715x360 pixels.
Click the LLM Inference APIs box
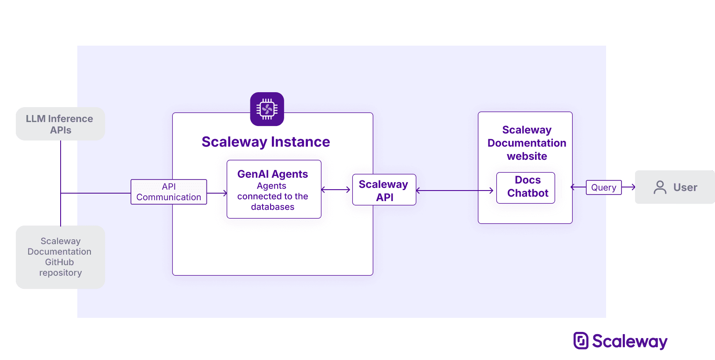[60, 124]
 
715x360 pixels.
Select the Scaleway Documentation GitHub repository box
[60, 257]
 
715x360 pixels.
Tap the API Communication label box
[169, 192]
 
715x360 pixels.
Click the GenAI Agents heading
[272, 174]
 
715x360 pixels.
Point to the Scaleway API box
[384, 190]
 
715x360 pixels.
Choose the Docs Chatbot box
[526, 187]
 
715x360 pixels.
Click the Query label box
[603, 187]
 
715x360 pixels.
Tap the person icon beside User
[660, 187]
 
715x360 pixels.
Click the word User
[685, 187]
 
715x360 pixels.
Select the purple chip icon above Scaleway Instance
[267, 109]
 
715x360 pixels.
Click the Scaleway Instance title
[266, 142]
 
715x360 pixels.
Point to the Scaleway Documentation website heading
[527, 143]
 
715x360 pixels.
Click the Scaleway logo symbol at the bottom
[581, 341]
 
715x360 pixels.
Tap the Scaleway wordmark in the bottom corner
[629, 342]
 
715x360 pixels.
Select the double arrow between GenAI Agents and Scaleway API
[336, 190]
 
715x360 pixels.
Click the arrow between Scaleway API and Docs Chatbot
[455, 191]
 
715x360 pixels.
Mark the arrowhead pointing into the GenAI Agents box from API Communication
[225, 193]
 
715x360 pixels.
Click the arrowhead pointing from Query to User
[633, 187]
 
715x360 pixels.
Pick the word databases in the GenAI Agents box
[272, 207]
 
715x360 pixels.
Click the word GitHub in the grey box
[59, 262]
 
